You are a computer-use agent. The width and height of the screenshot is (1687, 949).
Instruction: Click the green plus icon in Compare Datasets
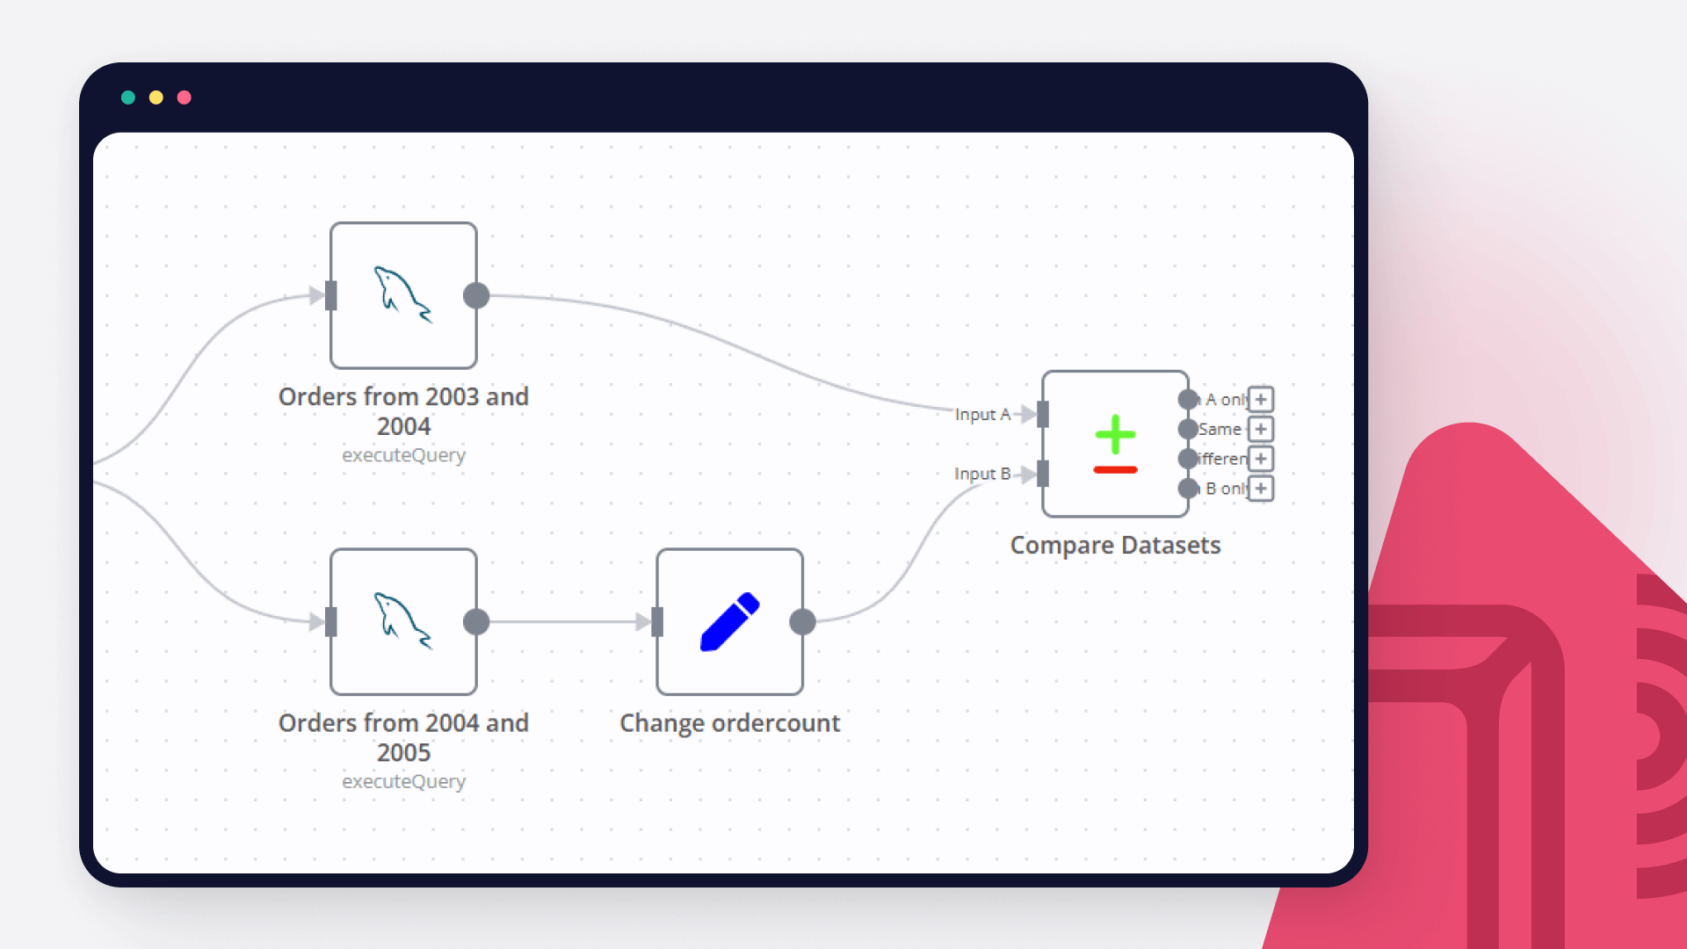click(x=1115, y=434)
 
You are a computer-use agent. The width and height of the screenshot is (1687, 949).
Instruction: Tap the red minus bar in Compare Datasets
click(x=1115, y=470)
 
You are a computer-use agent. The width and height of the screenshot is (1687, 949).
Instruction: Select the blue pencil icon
click(x=729, y=621)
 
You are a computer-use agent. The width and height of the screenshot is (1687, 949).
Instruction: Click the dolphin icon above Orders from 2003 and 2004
click(x=403, y=294)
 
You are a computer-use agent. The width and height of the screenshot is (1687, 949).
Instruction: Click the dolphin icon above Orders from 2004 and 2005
click(x=403, y=620)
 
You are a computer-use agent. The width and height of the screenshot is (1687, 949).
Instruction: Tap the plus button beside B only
click(x=1261, y=489)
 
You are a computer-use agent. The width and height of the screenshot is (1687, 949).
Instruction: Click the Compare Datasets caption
click(x=1115, y=545)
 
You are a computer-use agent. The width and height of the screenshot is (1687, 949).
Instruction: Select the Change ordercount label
click(x=729, y=722)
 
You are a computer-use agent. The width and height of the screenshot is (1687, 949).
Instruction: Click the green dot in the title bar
click(x=128, y=98)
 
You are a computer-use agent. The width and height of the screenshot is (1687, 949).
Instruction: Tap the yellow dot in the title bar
click(x=156, y=98)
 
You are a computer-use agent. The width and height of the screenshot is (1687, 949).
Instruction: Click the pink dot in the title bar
click(x=185, y=98)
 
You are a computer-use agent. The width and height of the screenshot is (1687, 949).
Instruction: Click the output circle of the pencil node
click(x=802, y=622)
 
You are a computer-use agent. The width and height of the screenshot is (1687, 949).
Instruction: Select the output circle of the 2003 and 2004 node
click(x=476, y=295)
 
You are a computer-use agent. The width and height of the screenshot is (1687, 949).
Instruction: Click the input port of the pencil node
click(x=657, y=622)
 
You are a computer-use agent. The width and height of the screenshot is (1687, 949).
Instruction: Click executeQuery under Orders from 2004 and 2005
click(x=403, y=781)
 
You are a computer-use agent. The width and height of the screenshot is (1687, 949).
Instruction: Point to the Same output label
click(x=1220, y=429)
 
